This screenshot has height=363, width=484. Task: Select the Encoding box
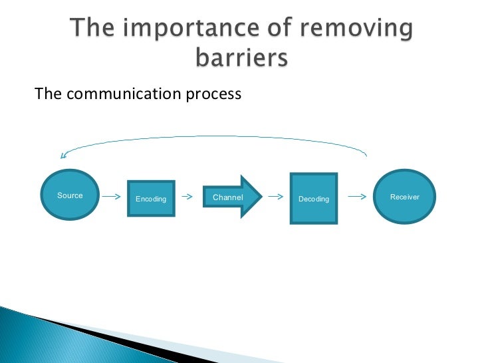151,198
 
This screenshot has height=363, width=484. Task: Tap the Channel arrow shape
232,197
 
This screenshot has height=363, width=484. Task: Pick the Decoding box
314,197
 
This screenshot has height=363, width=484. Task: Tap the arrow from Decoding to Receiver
358,197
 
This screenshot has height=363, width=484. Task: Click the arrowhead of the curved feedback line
64,156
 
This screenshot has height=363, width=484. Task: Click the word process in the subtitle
212,94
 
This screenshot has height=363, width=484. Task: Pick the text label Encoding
151,199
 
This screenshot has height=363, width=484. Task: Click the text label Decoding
314,199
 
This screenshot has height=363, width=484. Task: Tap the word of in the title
271,30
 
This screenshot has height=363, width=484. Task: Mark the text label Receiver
404,197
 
